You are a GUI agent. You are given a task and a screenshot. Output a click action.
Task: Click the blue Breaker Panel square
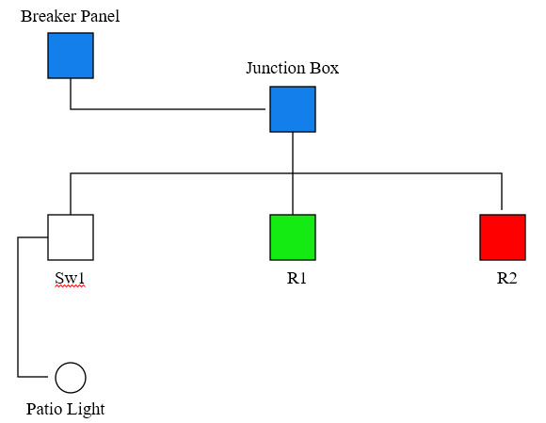tap(71, 56)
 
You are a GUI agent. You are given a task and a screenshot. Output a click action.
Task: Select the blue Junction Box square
tap(293, 109)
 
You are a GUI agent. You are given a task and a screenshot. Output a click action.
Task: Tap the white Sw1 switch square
tap(71, 237)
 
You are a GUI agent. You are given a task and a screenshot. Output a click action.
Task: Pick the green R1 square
tap(293, 237)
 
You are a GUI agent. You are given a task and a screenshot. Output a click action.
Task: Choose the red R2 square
tap(503, 237)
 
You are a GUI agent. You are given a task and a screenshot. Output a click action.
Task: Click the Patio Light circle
tap(71, 378)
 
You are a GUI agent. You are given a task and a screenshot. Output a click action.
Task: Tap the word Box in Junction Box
tap(325, 68)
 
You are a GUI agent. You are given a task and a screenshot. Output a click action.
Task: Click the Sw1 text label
tap(70, 278)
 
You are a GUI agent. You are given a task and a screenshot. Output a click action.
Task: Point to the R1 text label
tap(297, 278)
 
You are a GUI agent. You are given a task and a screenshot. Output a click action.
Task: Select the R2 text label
tap(506, 278)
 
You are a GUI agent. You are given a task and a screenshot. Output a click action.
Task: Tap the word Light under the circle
tap(86, 410)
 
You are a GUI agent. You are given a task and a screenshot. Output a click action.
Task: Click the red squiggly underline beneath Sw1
tap(70, 286)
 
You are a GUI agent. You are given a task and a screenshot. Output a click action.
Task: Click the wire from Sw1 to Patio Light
tap(18, 306)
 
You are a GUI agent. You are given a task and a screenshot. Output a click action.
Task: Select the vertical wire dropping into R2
tap(502, 191)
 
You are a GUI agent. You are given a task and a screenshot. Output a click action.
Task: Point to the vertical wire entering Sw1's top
tap(71, 194)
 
